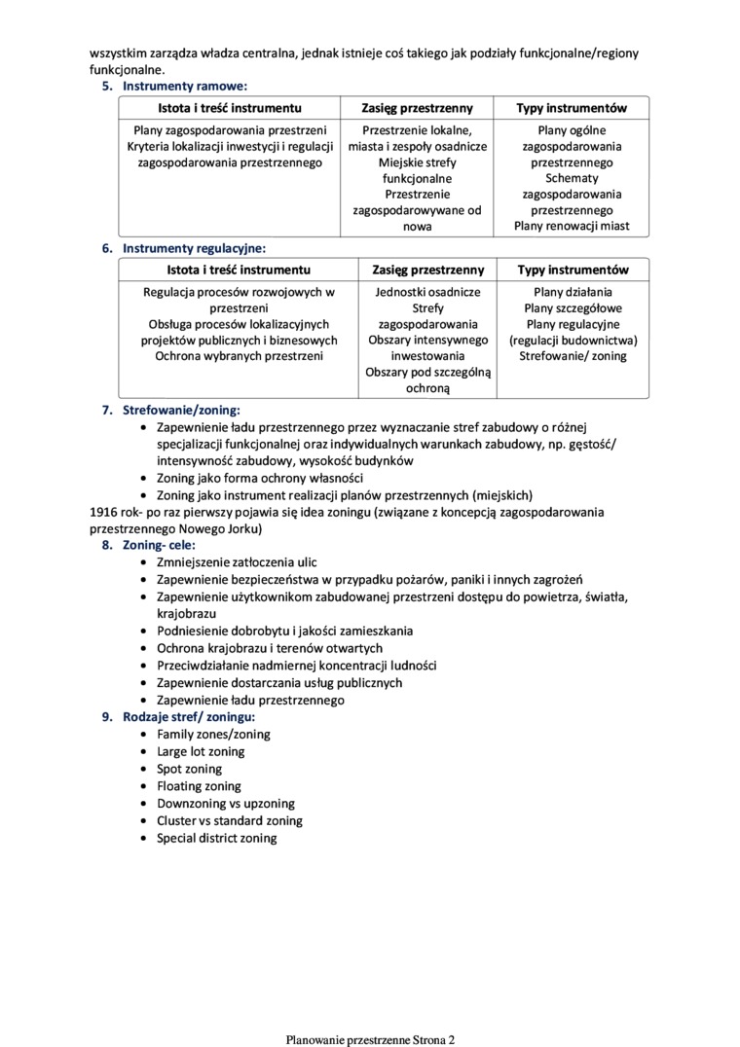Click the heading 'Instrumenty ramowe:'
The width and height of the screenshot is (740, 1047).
184,86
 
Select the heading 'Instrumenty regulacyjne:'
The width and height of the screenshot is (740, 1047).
194,248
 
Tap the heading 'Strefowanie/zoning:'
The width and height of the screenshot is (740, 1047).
181,410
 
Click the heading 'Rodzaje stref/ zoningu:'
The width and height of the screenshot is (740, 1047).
189,717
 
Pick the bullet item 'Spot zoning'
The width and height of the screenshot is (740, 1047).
189,769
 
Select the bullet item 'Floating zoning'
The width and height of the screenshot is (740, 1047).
199,786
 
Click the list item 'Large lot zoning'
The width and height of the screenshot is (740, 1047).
201,751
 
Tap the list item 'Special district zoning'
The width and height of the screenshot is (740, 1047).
216,838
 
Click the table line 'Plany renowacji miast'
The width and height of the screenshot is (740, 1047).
572,226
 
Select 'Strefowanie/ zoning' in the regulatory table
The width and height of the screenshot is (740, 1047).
573,356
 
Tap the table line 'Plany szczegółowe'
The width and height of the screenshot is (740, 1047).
573,307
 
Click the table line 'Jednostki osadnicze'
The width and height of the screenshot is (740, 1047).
427,291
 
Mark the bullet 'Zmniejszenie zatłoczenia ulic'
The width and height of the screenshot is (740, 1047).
237,562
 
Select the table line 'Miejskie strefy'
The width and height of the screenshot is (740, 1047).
417,162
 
